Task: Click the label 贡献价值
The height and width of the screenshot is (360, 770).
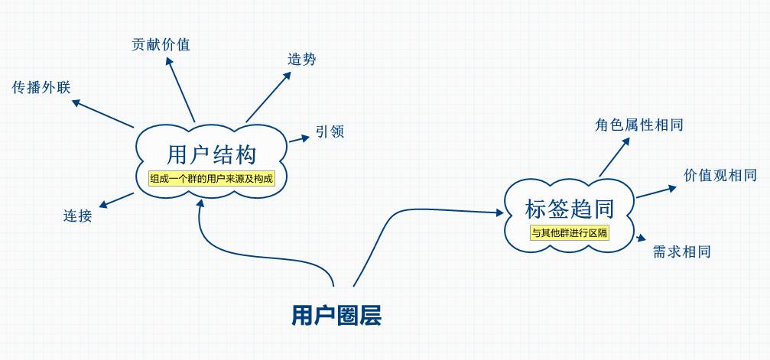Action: point(161,44)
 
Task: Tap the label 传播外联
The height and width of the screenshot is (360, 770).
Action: point(41,87)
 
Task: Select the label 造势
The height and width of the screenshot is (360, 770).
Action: point(302,59)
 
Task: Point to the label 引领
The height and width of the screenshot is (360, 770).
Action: point(330,132)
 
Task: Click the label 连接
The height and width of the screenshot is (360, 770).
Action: point(77,216)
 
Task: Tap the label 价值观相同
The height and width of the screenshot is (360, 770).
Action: point(720,176)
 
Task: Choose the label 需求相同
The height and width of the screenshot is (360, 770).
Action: point(682,251)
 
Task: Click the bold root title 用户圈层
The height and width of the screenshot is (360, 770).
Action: point(336,315)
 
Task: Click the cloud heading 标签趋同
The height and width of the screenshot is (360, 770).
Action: point(570,208)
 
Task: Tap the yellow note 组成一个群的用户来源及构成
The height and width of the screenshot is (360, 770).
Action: point(210,179)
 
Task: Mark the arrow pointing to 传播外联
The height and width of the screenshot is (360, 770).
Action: point(104,113)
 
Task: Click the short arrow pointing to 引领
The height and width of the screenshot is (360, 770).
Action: point(298,138)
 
